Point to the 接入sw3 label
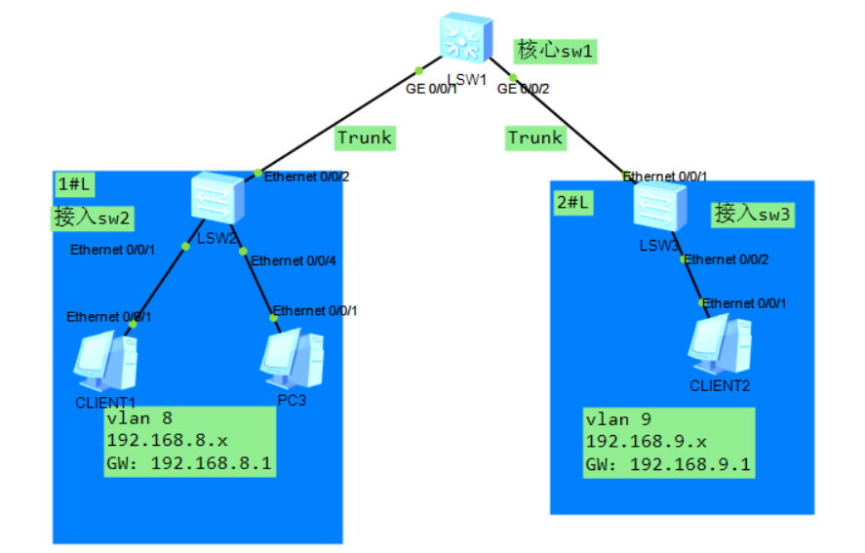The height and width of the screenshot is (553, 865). (x=753, y=214)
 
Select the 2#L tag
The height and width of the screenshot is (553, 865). (x=573, y=202)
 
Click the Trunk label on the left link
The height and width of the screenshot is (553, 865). (x=364, y=138)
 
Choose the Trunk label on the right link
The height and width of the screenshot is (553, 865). (x=534, y=138)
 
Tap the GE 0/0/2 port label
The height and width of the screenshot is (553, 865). (x=524, y=89)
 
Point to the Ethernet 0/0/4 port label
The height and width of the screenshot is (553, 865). (x=293, y=260)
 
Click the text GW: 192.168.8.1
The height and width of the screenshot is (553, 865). (x=189, y=463)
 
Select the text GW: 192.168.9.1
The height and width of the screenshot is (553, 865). (x=667, y=464)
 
